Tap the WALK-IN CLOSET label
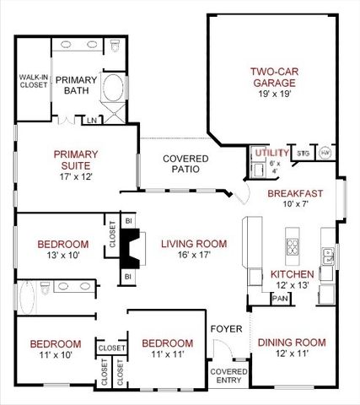33,81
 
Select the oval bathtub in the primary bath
111,89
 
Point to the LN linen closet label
91,120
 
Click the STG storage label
303,154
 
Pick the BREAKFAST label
295,193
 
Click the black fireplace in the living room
131,246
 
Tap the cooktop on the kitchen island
294,247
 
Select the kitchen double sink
330,256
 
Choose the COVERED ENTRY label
228,375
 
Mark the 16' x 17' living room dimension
194,256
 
